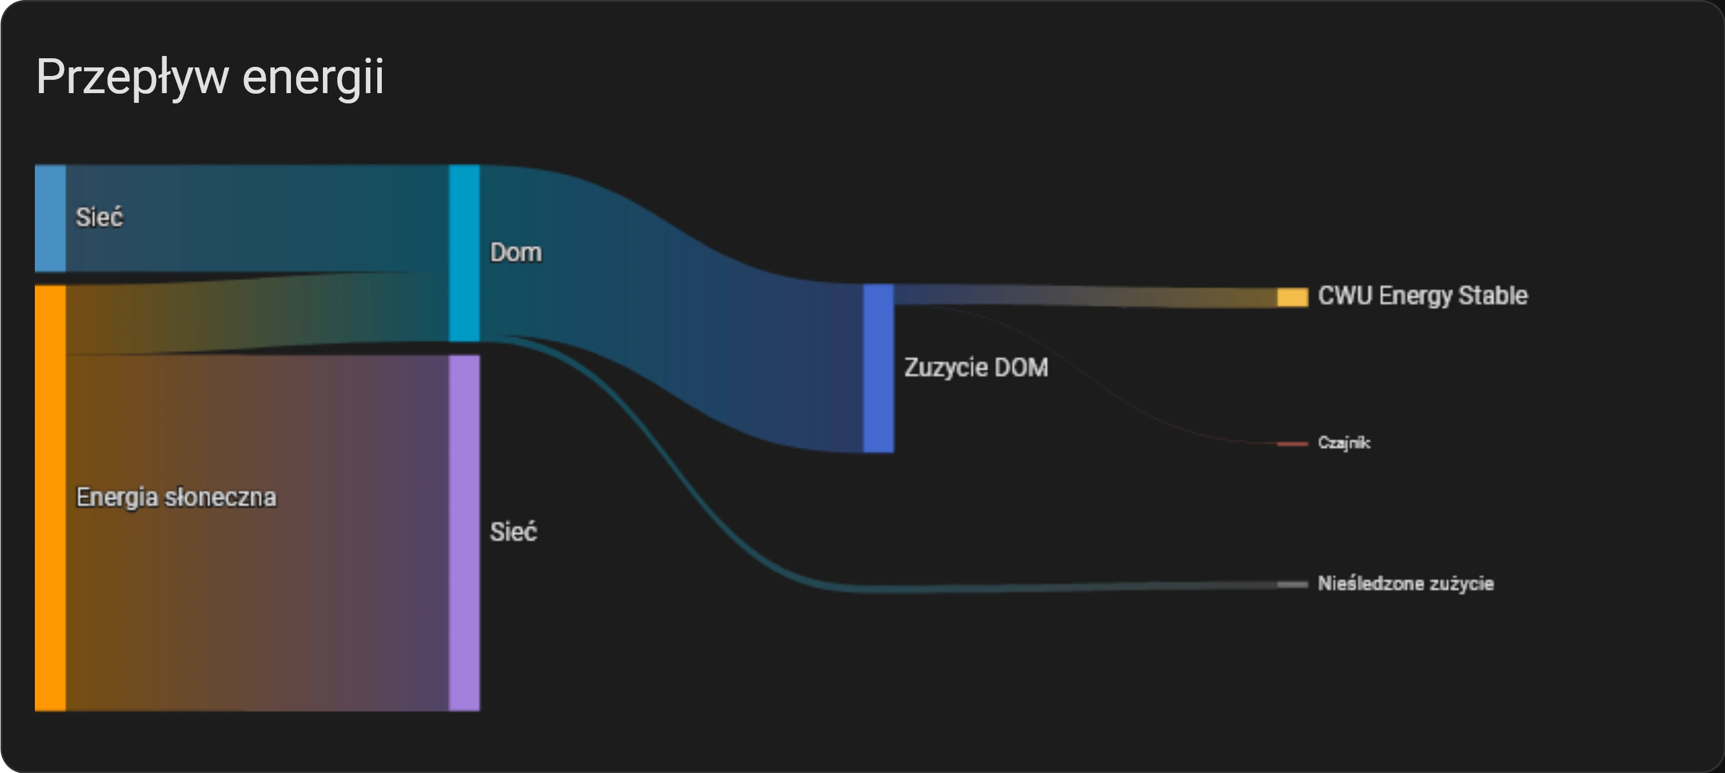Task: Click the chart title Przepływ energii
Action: click(x=210, y=78)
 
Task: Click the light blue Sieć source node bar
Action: click(x=50, y=218)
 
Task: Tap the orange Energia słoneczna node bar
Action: click(x=50, y=498)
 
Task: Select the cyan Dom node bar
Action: click(x=464, y=253)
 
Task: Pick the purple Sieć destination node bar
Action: click(x=464, y=532)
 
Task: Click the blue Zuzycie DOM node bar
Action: click(x=879, y=368)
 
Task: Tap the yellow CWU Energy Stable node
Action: click(x=1292, y=297)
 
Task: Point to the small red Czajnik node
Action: click(x=1292, y=444)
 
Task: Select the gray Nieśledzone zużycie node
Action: click(x=1292, y=584)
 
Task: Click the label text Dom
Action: click(x=516, y=253)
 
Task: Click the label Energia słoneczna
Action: click(x=176, y=497)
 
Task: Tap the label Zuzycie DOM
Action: click(x=976, y=367)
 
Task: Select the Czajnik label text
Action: click(x=1344, y=442)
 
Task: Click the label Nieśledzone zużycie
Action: click(x=1405, y=583)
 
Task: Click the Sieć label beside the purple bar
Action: click(x=514, y=532)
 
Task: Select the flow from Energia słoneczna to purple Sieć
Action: click(x=257, y=532)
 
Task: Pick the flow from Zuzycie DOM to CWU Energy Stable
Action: click(x=1085, y=296)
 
